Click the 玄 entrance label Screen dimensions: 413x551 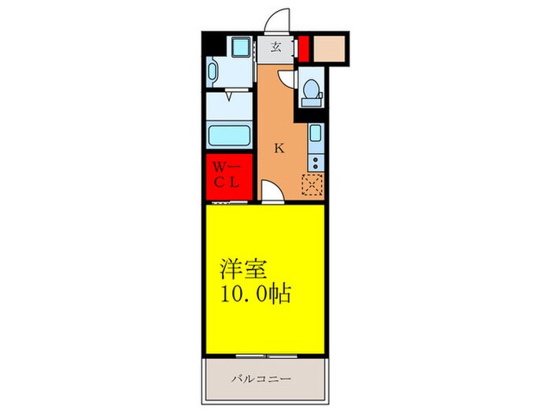[x=276, y=46]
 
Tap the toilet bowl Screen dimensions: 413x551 [x=311, y=91]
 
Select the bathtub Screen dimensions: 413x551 [x=229, y=135]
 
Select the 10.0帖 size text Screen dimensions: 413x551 [x=256, y=295]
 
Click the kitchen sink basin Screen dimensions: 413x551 [x=315, y=134]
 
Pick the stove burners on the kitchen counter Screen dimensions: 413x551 [x=315, y=162]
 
